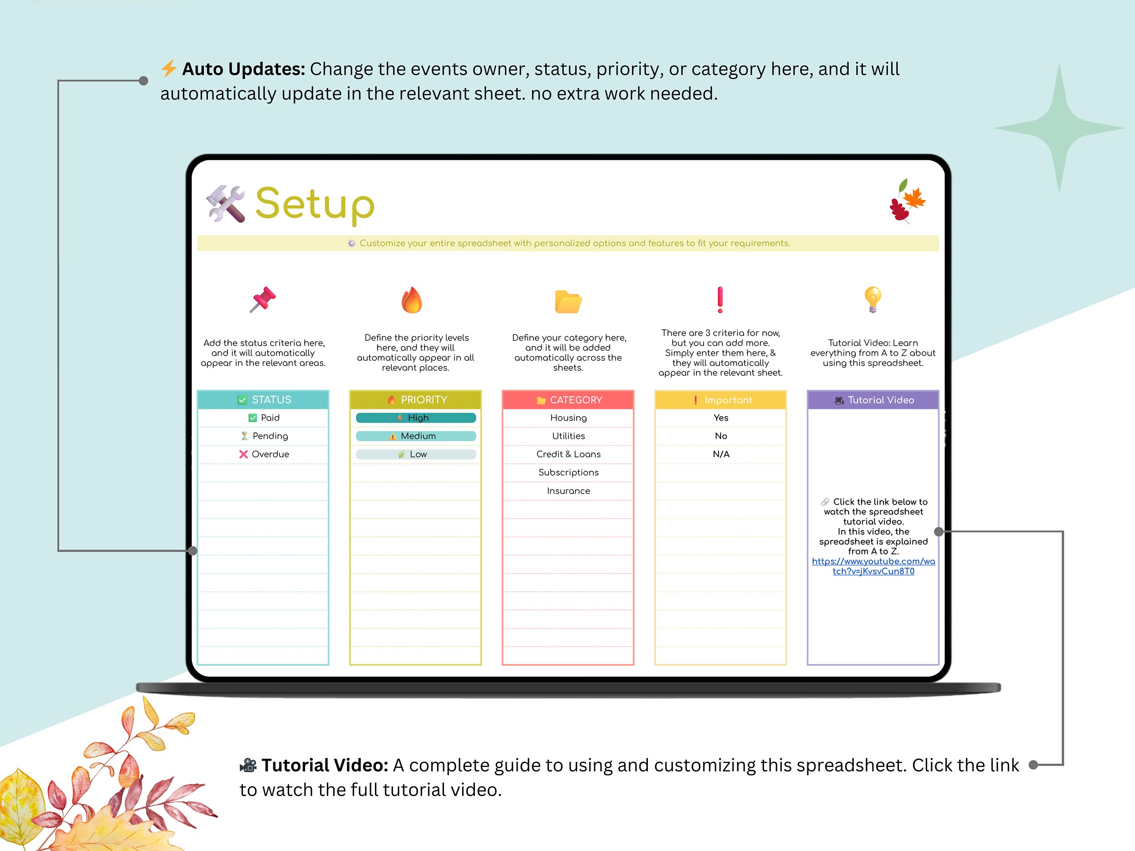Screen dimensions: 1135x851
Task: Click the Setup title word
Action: [x=315, y=204]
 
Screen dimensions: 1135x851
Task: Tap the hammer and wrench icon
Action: [x=225, y=204]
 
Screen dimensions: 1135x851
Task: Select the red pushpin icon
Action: [x=263, y=300]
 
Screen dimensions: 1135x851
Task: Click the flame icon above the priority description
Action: [x=411, y=300]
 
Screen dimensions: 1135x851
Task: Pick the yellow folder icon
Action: [x=568, y=301]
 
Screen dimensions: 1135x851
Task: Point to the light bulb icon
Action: [x=872, y=300]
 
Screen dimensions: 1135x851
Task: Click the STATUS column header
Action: [x=263, y=399]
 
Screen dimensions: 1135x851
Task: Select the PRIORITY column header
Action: [x=415, y=399]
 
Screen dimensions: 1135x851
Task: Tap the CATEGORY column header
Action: [x=568, y=399]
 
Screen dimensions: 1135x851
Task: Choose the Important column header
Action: [x=720, y=399]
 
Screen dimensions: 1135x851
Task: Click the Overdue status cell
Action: [x=264, y=454]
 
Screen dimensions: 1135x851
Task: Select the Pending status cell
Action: [x=264, y=436]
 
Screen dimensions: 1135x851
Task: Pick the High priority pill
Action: [x=415, y=418]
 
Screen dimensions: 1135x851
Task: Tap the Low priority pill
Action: [x=415, y=454]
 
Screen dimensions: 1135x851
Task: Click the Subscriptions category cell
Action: [x=568, y=472]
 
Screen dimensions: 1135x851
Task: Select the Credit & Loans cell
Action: [x=568, y=454]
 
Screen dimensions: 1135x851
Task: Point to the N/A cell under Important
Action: [x=721, y=454]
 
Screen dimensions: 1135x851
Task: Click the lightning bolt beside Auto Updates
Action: [x=168, y=68]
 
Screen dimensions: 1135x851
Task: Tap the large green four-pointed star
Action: [x=1059, y=128]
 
